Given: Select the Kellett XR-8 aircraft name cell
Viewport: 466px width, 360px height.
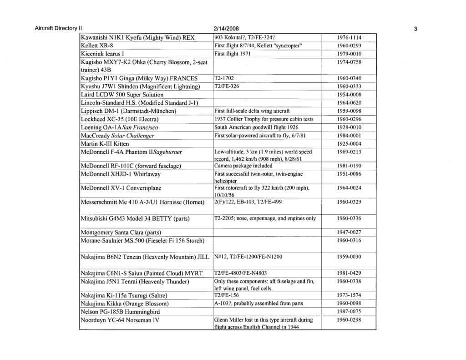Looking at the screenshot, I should [96, 46].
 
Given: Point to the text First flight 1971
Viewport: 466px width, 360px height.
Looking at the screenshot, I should [233, 54].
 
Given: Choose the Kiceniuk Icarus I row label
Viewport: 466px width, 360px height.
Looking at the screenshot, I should [104, 54].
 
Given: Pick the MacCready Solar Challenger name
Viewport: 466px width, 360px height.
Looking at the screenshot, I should [118, 136].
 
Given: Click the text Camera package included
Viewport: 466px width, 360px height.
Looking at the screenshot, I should [244, 166].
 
